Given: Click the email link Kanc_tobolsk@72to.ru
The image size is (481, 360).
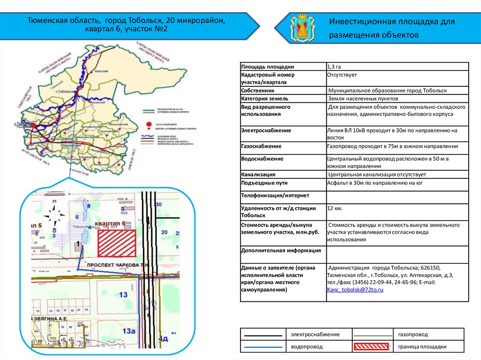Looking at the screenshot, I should (x=355, y=291).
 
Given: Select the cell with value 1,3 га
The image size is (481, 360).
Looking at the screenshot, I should (x=334, y=67).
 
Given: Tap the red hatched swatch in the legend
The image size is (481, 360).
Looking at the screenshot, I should (x=371, y=347).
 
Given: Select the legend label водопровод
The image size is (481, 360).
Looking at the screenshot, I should (x=307, y=347).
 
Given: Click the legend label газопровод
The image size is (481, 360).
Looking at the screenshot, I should (x=413, y=334).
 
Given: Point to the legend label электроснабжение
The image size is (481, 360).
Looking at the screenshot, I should (x=315, y=334).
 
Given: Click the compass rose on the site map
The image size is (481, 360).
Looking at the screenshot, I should (x=54, y=215).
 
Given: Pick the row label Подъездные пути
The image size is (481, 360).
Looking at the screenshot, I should (x=264, y=183).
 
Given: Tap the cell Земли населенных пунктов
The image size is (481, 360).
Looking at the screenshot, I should (x=363, y=99).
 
